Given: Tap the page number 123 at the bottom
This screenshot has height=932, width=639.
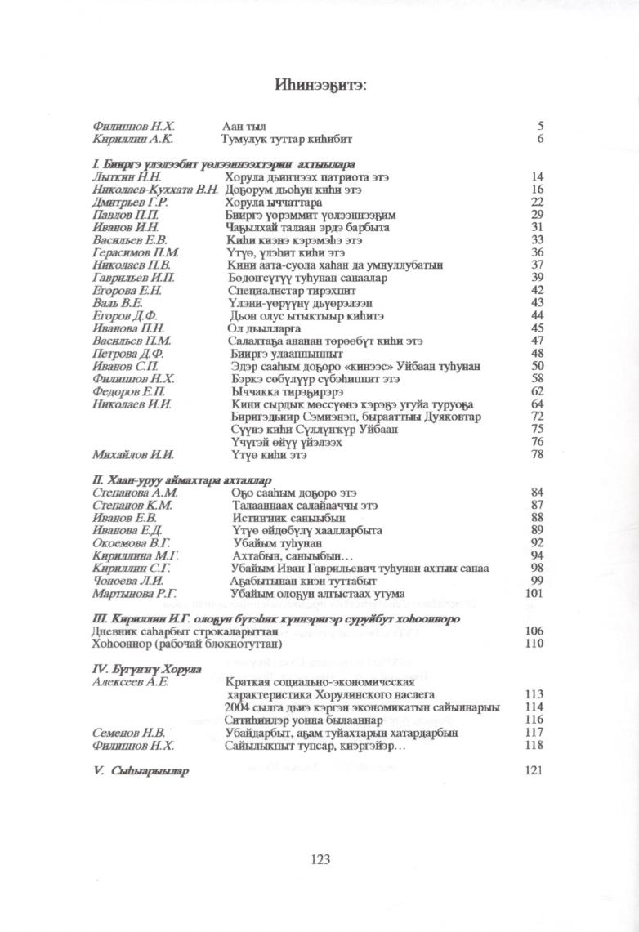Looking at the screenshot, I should click(x=319, y=858).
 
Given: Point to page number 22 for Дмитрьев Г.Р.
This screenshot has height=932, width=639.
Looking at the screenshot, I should click(x=537, y=202).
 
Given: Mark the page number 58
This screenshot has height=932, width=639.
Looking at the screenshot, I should click(x=537, y=379).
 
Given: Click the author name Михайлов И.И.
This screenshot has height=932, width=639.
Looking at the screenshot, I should click(x=133, y=455).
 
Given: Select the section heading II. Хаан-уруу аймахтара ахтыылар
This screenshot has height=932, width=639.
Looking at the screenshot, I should click(x=182, y=480).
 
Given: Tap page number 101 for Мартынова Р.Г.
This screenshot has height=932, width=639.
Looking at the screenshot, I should click(x=534, y=593).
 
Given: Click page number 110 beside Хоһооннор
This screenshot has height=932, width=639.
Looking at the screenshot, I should click(x=534, y=644).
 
